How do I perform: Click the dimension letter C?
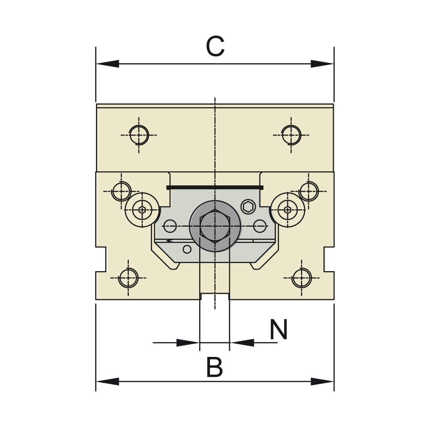(x=215, y=47)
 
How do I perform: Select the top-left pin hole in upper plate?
(x=138, y=135)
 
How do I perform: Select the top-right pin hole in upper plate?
(x=291, y=135)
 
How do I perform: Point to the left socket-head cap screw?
(x=142, y=210)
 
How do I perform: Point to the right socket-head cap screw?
(x=287, y=210)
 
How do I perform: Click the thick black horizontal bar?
(x=215, y=187)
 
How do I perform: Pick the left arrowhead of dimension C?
(x=107, y=64)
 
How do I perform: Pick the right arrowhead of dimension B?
(x=322, y=382)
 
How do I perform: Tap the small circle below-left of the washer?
(x=187, y=249)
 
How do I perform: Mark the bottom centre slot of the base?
(x=215, y=296)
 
